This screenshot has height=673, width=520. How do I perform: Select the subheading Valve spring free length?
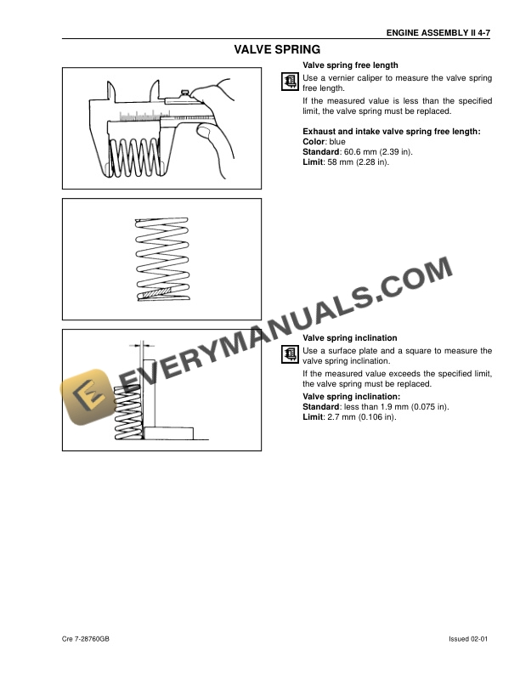coord(351,65)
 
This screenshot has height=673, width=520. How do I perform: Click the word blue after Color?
coord(336,141)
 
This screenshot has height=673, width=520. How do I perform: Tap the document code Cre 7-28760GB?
coord(86,638)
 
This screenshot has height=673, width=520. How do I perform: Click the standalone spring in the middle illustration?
coord(161,256)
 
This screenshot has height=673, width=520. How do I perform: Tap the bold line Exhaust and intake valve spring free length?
coord(392,131)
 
